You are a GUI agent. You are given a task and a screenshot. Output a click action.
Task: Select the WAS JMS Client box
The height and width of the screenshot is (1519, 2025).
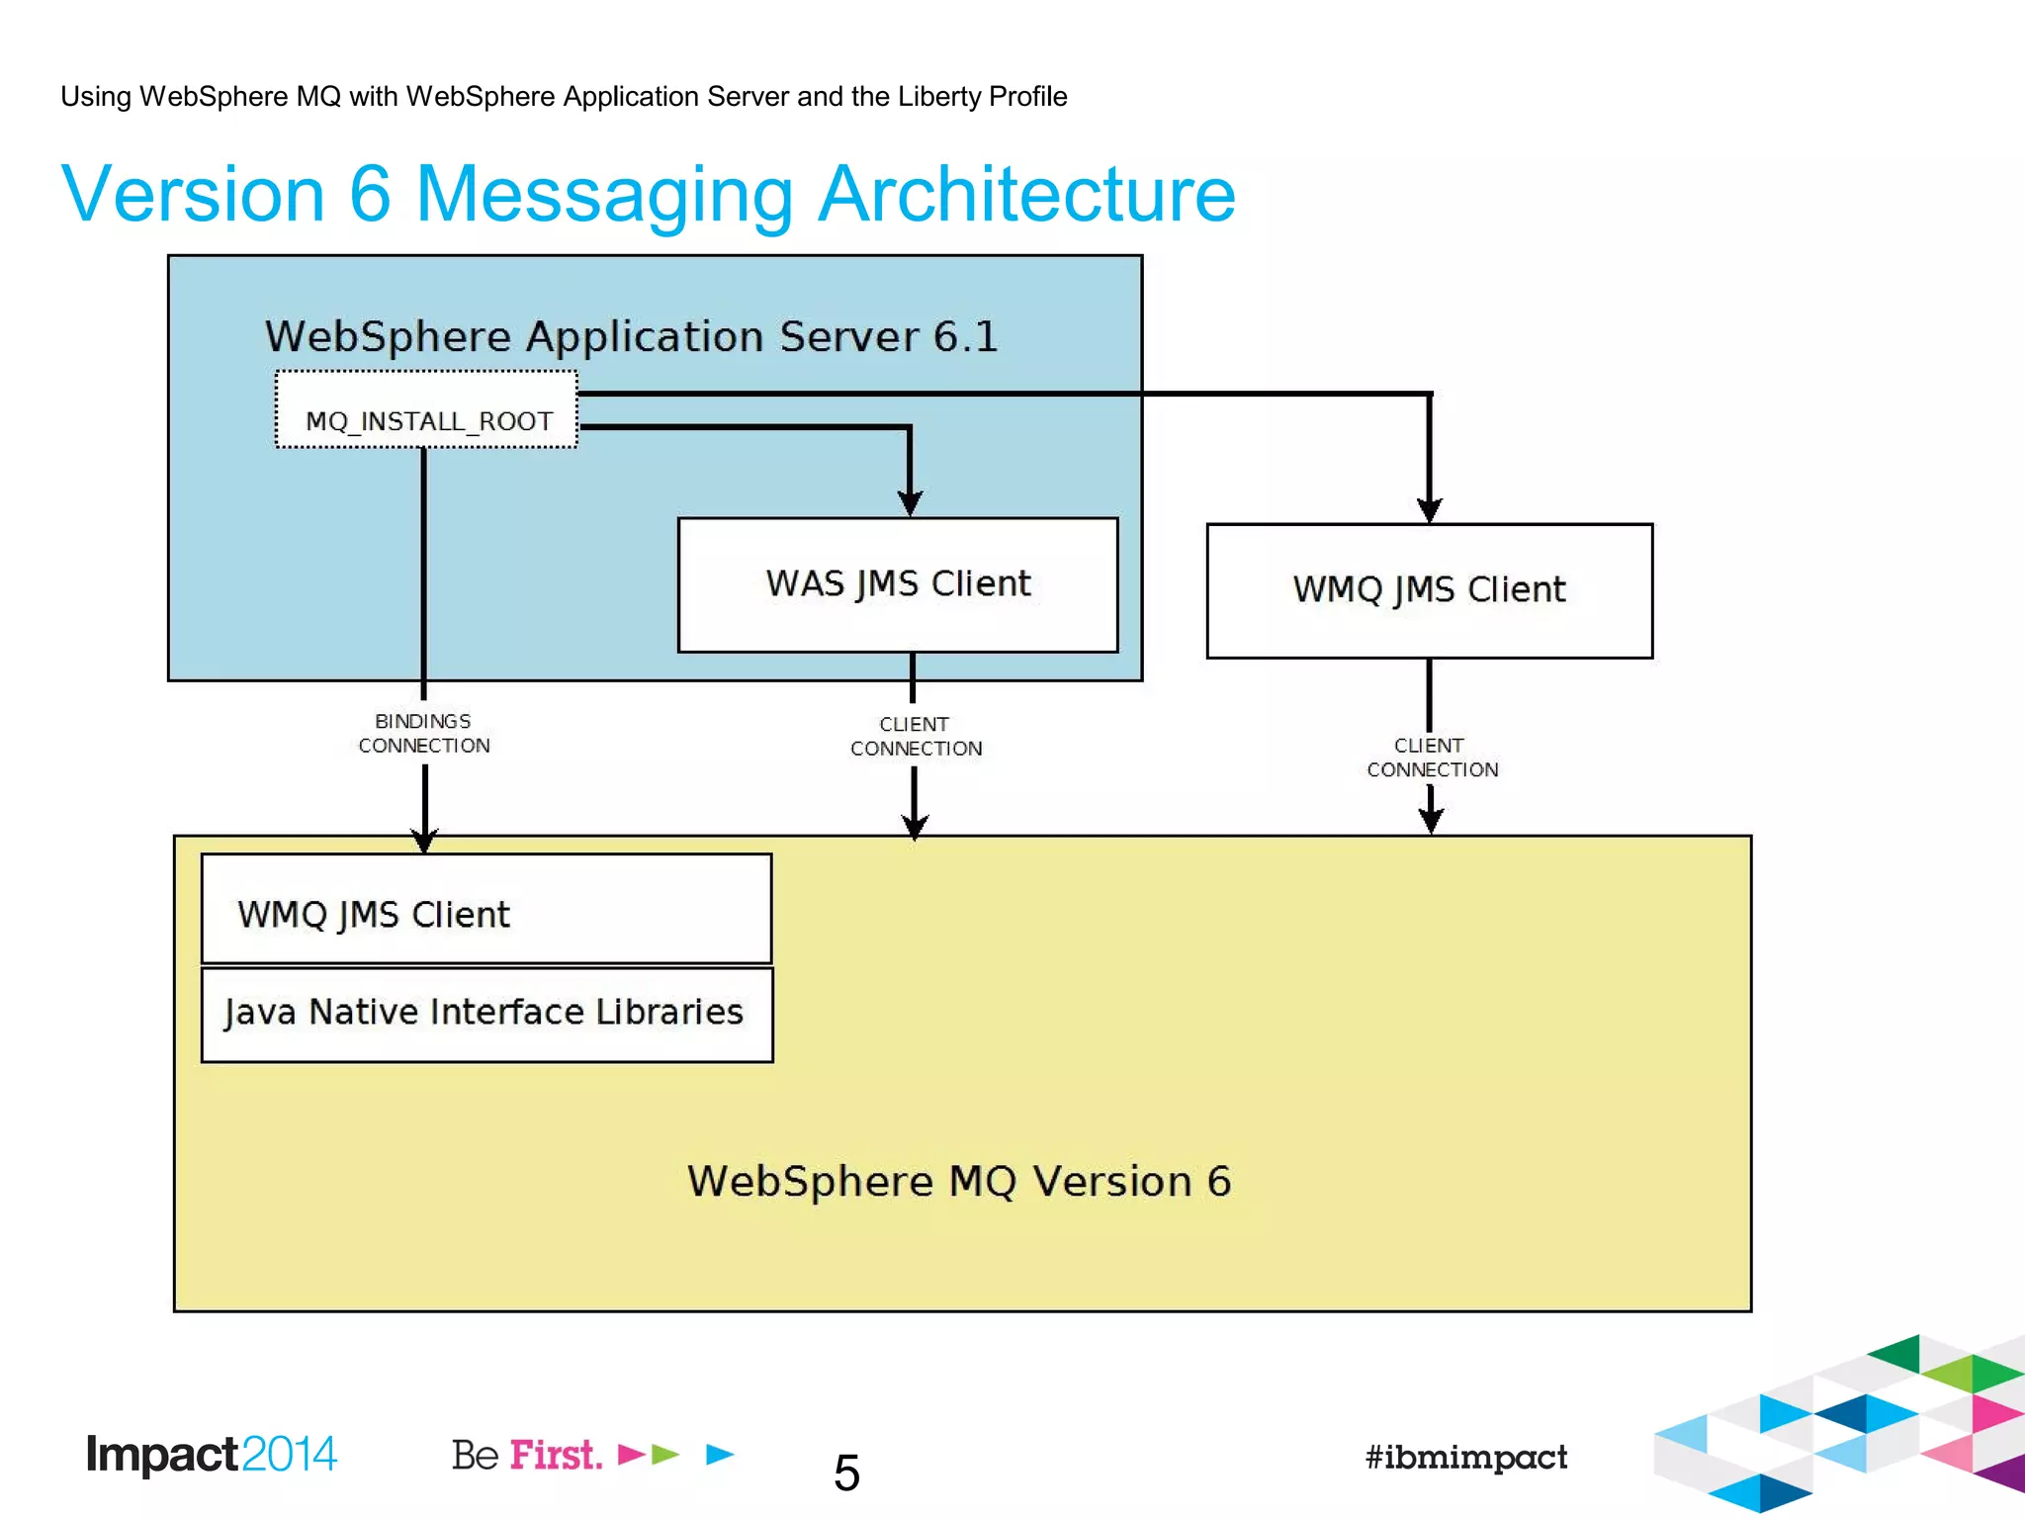pos(898,584)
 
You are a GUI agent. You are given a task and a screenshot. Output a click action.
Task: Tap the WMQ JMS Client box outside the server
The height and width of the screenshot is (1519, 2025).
pos(1429,590)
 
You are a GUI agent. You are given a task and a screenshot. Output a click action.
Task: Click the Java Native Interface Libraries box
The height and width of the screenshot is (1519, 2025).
pos(485,1014)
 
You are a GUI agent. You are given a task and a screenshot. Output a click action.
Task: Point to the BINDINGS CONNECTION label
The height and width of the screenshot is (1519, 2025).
pos(423,734)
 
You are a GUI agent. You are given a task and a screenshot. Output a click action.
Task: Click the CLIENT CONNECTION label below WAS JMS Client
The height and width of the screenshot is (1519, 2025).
pos(916,737)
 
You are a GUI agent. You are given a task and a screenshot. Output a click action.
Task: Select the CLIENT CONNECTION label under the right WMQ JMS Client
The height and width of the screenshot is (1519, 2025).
pos(1432,758)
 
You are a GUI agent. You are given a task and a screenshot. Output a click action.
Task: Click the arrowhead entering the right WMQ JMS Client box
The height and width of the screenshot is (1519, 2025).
pos(1429,509)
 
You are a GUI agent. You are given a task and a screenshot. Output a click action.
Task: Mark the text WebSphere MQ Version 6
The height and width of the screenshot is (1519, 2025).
pos(959,1182)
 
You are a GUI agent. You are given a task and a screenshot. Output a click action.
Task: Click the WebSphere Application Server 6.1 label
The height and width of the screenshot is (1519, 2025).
pos(631,337)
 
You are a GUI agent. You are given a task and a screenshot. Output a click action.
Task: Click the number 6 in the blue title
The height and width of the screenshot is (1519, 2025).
pos(370,194)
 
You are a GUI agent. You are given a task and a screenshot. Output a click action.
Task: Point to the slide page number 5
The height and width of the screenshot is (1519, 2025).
pos(846,1474)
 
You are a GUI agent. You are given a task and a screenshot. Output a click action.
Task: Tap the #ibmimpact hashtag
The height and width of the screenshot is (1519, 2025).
pos(1465,1457)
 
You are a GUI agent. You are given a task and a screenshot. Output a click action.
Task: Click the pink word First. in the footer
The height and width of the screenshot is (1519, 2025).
pos(556,1456)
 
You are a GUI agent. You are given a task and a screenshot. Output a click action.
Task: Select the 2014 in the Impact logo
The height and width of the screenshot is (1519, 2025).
pos(289,1455)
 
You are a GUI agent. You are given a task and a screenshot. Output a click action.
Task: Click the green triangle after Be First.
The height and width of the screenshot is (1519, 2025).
pos(666,1454)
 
